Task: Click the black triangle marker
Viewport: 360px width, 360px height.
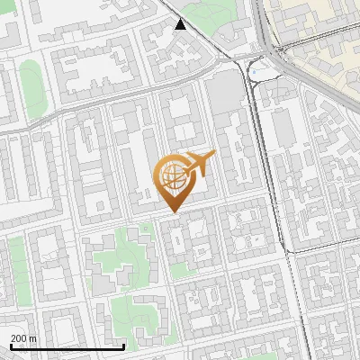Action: click(x=181, y=24)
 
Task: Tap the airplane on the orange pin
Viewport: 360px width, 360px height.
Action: click(x=199, y=164)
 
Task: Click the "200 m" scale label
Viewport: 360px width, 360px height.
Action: click(x=23, y=338)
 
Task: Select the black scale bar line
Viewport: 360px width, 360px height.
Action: click(x=67, y=346)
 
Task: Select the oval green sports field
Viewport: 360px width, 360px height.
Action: click(x=31, y=88)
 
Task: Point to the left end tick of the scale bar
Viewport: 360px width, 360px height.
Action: click(x=12, y=345)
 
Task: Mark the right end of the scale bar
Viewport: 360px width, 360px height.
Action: click(x=123, y=345)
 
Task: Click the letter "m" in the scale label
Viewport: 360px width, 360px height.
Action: click(x=32, y=338)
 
